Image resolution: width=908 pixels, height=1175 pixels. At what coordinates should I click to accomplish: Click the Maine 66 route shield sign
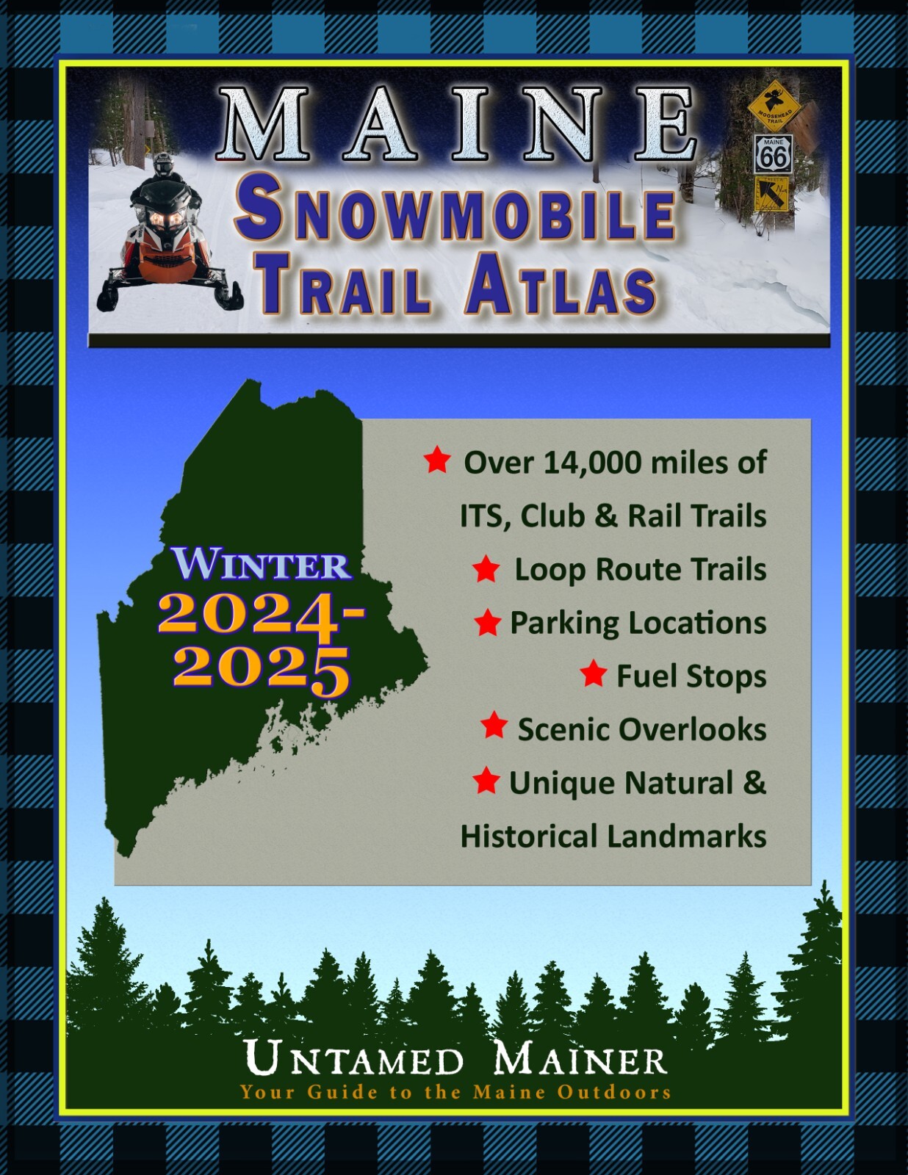click(773, 154)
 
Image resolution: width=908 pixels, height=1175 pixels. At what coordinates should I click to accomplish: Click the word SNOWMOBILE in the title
click(455, 214)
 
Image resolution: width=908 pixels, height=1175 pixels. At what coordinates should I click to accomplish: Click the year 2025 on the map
click(261, 668)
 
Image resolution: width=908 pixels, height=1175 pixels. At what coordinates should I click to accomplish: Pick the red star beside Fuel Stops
click(593, 673)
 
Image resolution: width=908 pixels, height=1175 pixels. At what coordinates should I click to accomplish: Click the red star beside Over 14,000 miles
click(437, 460)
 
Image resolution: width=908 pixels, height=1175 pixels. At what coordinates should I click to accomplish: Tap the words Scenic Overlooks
click(641, 729)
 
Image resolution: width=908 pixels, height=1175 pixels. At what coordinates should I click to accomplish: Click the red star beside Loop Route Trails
click(486, 568)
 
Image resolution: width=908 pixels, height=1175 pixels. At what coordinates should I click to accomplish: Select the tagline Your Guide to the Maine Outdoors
click(455, 1092)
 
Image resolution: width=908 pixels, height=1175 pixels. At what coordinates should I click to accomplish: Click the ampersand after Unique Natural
click(754, 782)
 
